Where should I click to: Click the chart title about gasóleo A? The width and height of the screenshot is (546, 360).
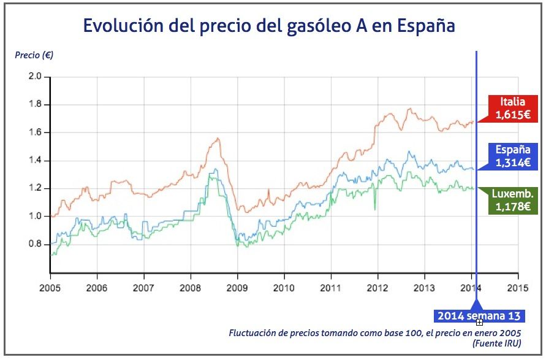click(x=269, y=26)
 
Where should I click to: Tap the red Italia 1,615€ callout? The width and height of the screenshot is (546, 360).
click(x=512, y=108)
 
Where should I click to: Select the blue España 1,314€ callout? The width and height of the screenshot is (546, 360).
click(x=513, y=156)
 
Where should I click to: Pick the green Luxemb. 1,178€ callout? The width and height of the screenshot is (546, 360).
click(x=512, y=200)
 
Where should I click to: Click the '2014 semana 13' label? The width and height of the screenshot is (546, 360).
click(x=479, y=316)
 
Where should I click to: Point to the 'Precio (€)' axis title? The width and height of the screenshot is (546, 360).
click(x=34, y=55)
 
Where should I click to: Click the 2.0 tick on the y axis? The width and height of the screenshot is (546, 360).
click(x=34, y=77)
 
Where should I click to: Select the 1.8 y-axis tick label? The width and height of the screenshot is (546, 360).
click(x=34, y=105)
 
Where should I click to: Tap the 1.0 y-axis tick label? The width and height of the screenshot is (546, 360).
click(x=34, y=216)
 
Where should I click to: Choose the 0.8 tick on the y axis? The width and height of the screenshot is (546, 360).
click(x=34, y=244)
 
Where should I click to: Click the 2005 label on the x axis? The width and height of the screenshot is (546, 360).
click(x=50, y=287)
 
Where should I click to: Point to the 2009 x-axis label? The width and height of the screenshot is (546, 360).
click(x=237, y=287)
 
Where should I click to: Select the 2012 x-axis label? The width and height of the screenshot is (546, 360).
click(x=377, y=287)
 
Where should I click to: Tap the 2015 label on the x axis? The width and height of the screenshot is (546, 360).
click(x=518, y=287)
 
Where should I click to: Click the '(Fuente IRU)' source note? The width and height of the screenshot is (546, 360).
click(x=496, y=343)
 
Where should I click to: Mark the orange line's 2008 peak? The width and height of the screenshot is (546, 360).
click(x=218, y=138)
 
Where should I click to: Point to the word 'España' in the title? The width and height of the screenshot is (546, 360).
click(x=425, y=26)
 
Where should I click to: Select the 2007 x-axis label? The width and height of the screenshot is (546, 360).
click(x=143, y=287)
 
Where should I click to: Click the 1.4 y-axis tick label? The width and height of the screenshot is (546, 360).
click(x=34, y=161)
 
